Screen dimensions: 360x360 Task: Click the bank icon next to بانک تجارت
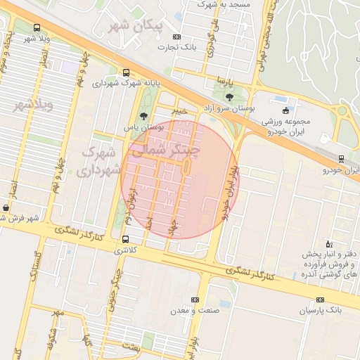pos(176,37)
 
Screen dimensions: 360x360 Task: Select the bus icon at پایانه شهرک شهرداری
pos(126,72)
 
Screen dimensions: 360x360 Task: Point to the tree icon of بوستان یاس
pos(144,116)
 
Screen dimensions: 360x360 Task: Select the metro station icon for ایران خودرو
pos(341,159)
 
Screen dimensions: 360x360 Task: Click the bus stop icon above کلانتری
pos(126,239)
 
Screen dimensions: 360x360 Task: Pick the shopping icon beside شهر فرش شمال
pos(6,208)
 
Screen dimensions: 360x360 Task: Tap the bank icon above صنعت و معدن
pos(195,300)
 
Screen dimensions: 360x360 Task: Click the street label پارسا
pos(224,79)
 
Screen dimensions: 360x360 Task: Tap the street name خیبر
pos(181,110)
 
